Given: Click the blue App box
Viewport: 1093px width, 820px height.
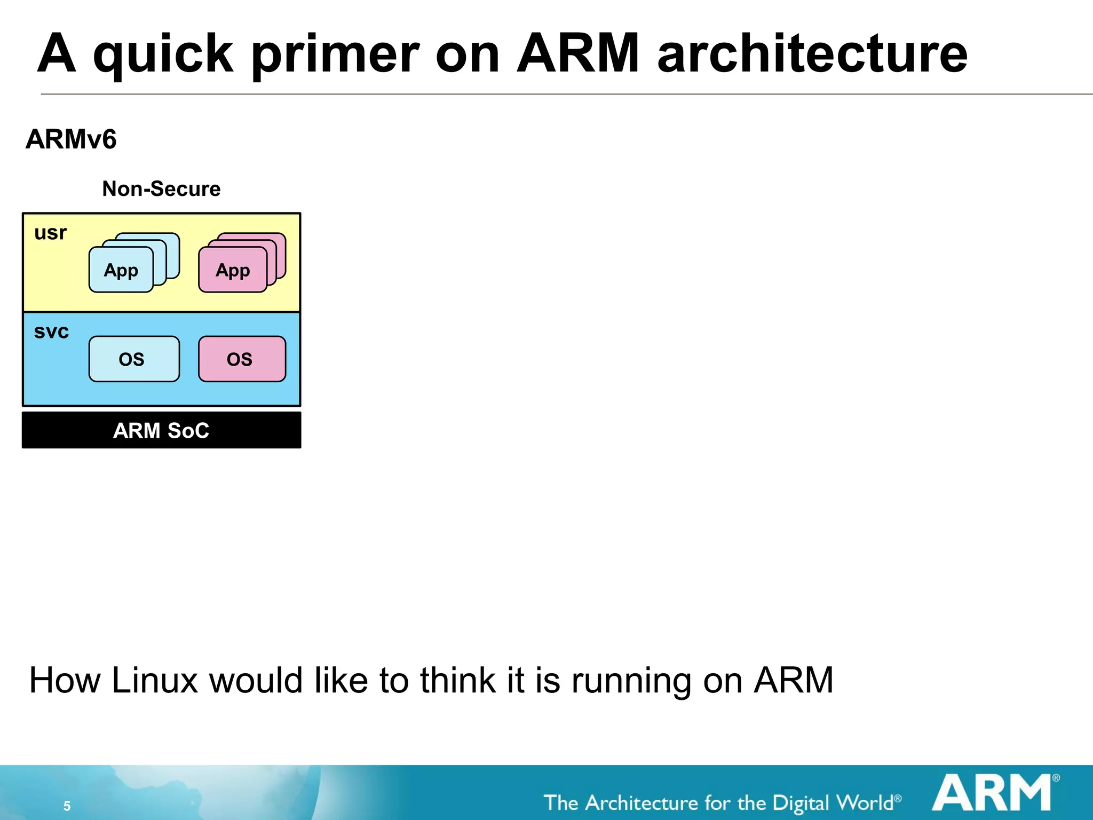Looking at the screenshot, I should (x=121, y=270).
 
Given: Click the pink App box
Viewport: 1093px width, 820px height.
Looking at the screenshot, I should (x=233, y=270).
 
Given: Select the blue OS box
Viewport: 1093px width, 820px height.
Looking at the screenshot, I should (x=134, y=359).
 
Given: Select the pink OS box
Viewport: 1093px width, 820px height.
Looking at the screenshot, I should (x=242, y=359).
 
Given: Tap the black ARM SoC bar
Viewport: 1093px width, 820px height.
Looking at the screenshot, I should (x=161, y=430).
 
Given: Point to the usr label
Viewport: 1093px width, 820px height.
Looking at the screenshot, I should (x=51, y=233).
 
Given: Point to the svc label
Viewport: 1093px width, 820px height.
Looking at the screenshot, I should (x=51, y=332).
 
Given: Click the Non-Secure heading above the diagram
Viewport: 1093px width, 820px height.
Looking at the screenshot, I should (x=161, y=189).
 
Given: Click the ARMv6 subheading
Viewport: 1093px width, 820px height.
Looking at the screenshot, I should (x=71, y=139).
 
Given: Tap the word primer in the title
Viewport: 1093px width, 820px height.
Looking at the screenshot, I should (x=335, y=54).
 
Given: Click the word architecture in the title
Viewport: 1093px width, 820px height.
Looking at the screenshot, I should (x=812, y=54).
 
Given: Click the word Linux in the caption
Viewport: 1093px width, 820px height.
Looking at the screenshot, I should (x=155, y=681).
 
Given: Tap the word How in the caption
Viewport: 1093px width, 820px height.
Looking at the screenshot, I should (x=65, y=681).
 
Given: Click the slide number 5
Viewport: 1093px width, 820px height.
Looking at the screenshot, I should (x=67, y=806).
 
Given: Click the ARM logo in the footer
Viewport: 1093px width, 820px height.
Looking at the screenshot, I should (x=992, y=793).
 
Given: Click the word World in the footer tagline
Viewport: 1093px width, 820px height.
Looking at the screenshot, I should (x=865, y=802).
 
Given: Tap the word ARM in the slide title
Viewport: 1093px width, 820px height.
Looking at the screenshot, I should (x=578, y=54).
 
